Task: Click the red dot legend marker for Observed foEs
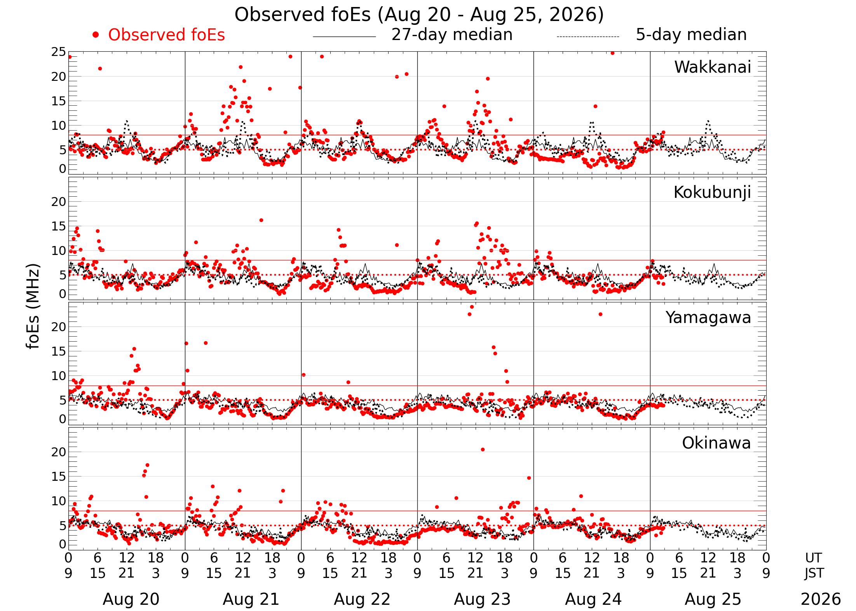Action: [x=96, y=35]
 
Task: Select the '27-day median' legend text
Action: [x=452, y=35]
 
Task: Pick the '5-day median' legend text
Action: [x=691, y=35]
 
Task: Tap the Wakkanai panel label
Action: [x=713, y=67]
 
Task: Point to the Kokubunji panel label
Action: [x=712, y=192]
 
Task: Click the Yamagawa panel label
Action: [x=708, y=318]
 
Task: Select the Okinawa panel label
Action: [x=717, y=443]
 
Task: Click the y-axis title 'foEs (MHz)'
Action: [x=33, y=306]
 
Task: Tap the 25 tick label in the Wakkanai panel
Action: [x=59, y=52]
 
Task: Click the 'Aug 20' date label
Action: [x=131, y=599]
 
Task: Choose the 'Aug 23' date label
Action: [x=482, y=599]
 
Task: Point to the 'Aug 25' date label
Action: [x=713, y=599]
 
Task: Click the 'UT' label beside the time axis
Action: [x=813, y=558]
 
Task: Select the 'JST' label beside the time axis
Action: [x=814, y=573]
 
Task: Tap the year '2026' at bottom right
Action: [x=821, y=599]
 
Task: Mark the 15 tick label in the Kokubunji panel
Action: [x=59, y=226]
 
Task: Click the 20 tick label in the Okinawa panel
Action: [x=59, y=452]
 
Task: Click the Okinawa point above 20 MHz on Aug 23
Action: [x=483, y=449]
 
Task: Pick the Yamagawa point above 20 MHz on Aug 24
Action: [x=600, y=314]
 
